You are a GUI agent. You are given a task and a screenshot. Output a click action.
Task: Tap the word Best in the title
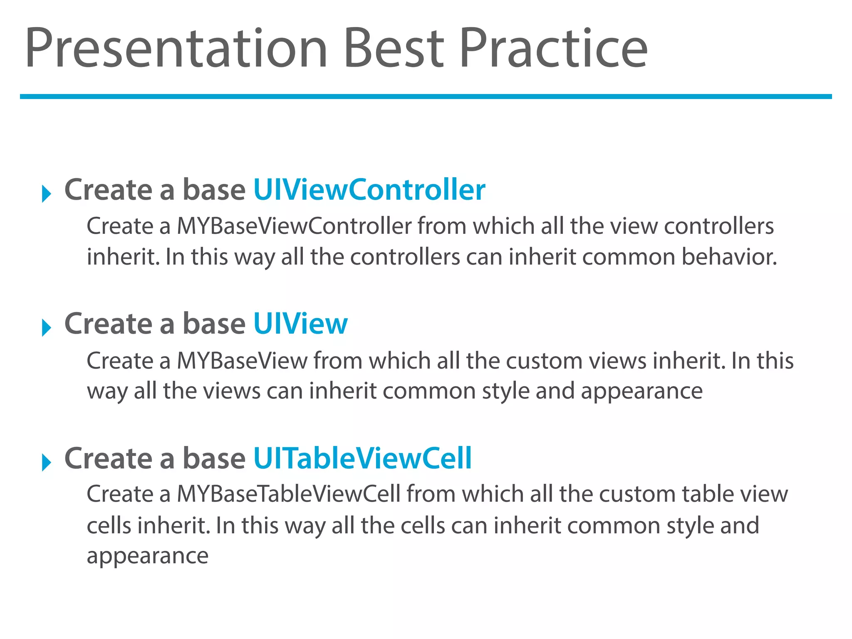(393, 48)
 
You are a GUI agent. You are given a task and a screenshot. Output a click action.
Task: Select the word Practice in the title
(553, 48)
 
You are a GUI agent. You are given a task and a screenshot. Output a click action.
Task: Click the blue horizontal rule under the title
(426, 97)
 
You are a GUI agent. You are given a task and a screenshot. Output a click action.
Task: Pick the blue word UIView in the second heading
(300, 324)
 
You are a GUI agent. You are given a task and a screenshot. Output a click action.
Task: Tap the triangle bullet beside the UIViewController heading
(46, 194)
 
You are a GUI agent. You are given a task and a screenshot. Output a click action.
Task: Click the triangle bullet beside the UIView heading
(46, 328)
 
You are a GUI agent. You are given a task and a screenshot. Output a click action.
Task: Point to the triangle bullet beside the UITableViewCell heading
(46, 462)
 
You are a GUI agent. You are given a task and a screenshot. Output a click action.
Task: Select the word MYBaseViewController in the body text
(294, 227)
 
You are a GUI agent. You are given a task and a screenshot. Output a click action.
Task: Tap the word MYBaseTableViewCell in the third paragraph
(288, 495)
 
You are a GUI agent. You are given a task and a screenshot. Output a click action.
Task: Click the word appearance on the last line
(147, 556)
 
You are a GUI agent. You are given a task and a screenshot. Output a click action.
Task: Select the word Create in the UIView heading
(109, 324)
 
